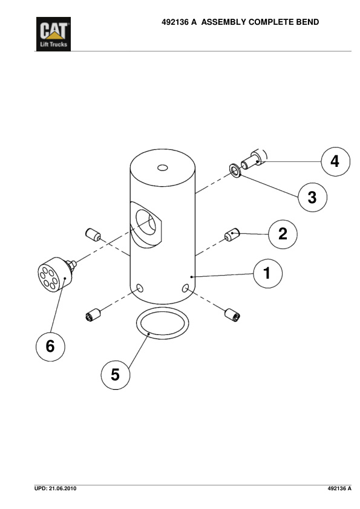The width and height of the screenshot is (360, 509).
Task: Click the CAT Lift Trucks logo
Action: (53, 34)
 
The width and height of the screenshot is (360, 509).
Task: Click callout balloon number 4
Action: (336, 161)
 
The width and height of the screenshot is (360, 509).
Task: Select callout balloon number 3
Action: (313, 197)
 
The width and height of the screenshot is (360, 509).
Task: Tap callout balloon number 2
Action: (283, 234)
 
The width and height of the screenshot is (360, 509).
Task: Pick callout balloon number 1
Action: (267, 273)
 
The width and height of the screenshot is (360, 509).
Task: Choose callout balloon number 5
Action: (116, 375)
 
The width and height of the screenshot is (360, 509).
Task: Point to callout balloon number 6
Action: (50, 346)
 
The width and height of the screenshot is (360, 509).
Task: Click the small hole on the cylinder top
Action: (163, 167)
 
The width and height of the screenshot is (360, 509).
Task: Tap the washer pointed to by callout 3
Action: (235, 170)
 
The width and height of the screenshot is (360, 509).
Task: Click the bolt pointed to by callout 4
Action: (254, 160)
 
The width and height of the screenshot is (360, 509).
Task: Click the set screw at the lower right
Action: (232, 315)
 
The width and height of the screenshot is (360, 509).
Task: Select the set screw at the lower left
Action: (93, 315)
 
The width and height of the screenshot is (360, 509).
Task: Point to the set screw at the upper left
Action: (93, 235)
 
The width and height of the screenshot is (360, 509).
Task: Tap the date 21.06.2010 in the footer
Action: (63, 488)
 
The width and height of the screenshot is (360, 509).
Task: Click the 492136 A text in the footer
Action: (339, 488)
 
